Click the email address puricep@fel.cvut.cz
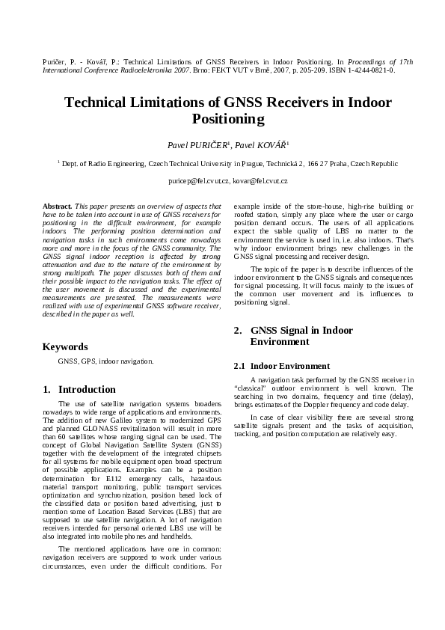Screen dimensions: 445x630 pos(197,181)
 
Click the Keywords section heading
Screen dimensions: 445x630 pos(65,347)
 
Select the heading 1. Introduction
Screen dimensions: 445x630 pos(79,390)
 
